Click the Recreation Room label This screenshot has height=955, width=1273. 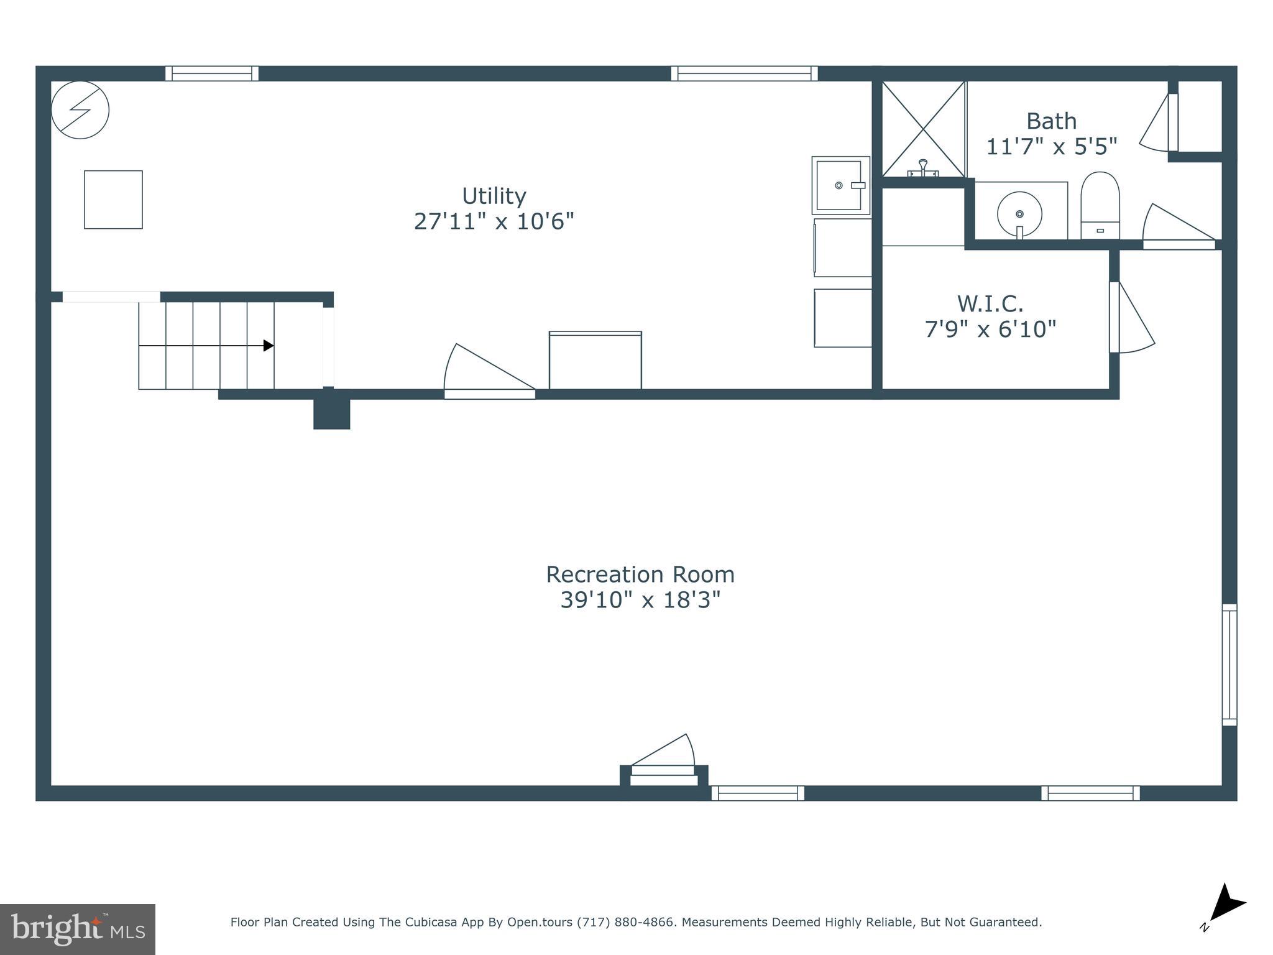tap(640, 574)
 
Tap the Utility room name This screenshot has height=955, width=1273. tap(494, 196)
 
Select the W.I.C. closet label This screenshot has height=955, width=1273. tap(990, 304)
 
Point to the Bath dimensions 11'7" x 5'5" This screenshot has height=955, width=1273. tap(1052, 147)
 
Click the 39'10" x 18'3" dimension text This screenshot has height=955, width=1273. tap(640, 600)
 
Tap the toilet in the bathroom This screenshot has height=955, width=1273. tap(1100, 205)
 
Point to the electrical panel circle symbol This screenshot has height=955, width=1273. tap(80, 110)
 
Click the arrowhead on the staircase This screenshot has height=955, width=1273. tap(269, 346)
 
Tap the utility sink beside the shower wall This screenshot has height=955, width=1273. tap(840, 185)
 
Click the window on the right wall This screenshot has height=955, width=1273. tap(1229, 665)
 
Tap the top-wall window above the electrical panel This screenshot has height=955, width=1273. tap(212, 73)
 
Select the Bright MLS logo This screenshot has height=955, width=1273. tap(78, 930)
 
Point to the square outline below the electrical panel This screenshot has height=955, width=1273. tap(113, 200)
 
